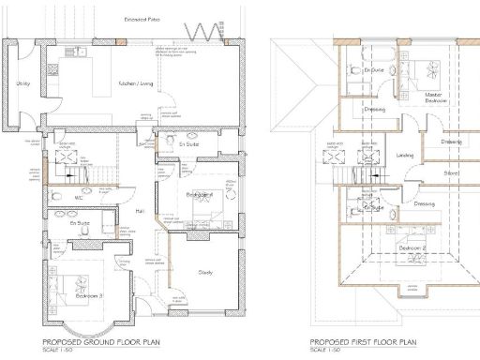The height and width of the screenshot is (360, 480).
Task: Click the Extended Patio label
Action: click(142, 19)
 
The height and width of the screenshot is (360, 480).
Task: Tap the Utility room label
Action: click(23, 84)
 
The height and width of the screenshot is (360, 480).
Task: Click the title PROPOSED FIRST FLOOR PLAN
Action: click(364, 342)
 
